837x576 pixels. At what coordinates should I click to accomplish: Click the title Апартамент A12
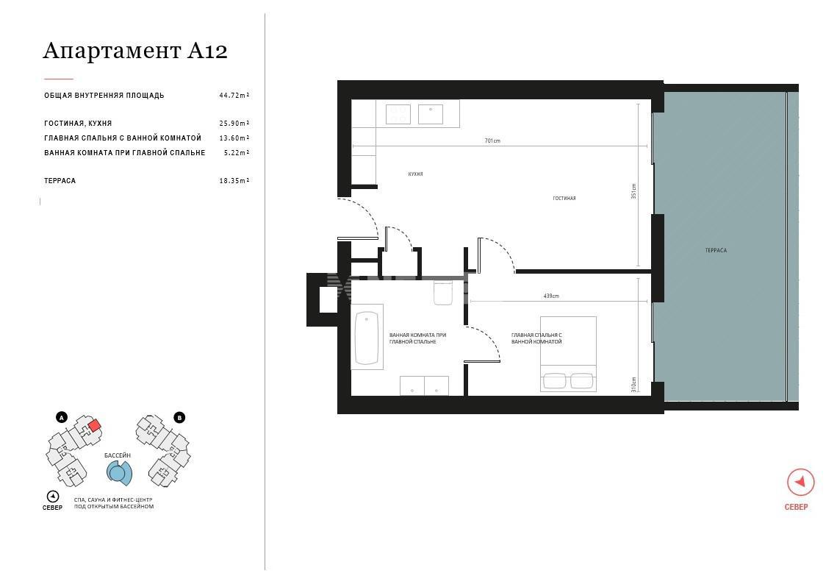135,51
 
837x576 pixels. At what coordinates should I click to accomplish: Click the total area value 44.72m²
234,96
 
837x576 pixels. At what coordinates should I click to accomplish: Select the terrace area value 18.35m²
234,181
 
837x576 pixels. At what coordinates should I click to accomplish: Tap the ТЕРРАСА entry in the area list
60,181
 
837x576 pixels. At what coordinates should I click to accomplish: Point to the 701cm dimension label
492,141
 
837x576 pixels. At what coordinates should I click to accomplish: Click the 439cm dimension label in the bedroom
551,296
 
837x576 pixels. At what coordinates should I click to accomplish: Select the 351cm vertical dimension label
633,191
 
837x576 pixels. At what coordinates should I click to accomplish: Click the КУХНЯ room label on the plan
415,174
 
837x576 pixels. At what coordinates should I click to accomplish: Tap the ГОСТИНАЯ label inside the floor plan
564,198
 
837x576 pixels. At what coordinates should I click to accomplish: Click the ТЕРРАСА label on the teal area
716,250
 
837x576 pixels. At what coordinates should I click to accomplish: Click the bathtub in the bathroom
367,337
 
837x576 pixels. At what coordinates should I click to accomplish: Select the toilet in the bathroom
443,293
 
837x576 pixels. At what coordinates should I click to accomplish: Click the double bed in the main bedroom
568,354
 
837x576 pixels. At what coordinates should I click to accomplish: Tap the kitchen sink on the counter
430,114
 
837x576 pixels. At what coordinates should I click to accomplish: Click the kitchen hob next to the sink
398,114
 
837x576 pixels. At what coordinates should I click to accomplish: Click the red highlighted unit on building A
95,425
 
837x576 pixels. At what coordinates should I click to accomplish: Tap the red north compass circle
800,482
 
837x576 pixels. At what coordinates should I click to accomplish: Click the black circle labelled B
179,417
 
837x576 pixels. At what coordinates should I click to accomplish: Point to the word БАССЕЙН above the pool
118,455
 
